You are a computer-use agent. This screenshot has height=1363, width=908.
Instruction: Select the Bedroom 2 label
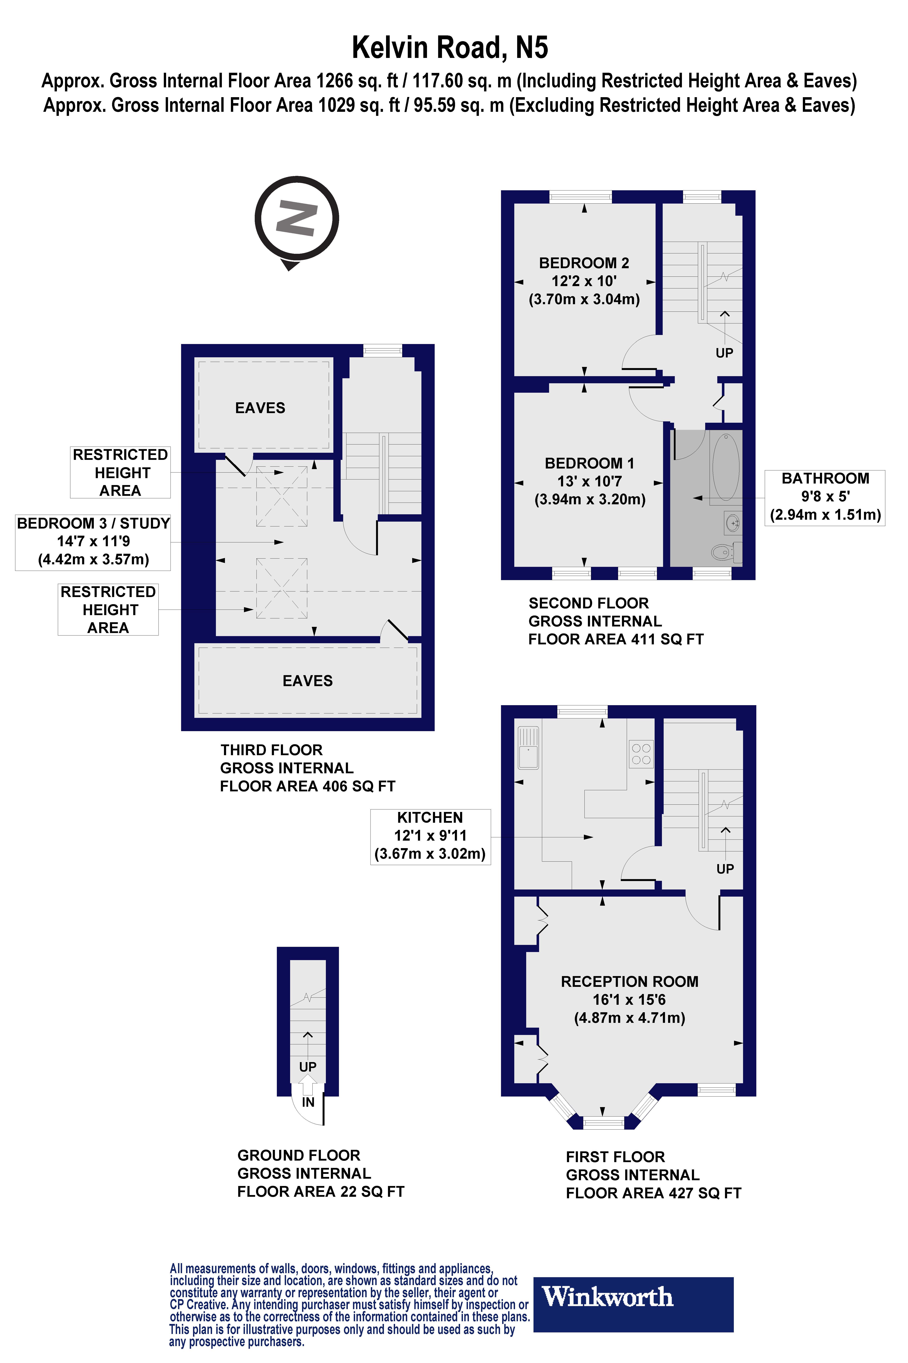(584, 263)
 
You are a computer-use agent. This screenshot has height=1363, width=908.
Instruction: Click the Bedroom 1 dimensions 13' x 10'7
(589, 481)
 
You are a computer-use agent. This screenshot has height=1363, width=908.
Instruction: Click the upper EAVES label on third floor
(260, 408)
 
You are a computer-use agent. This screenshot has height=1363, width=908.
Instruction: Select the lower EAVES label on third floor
(307, 681)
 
